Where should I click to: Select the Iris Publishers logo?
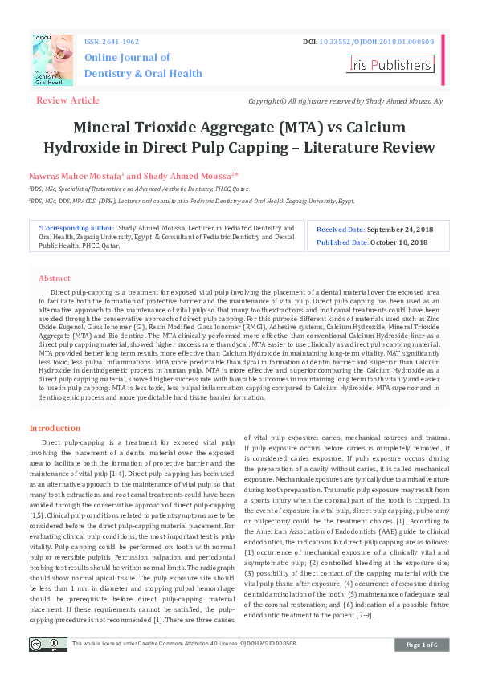click(x=390, y=64)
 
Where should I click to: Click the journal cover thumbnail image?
click(x=53, y=60)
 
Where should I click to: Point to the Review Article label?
click(x=68, y=100)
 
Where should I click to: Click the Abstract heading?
click(x=54, y=278)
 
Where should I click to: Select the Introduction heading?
click(x=55, y=429)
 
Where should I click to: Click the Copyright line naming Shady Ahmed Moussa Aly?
click(x=345, y=101)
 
